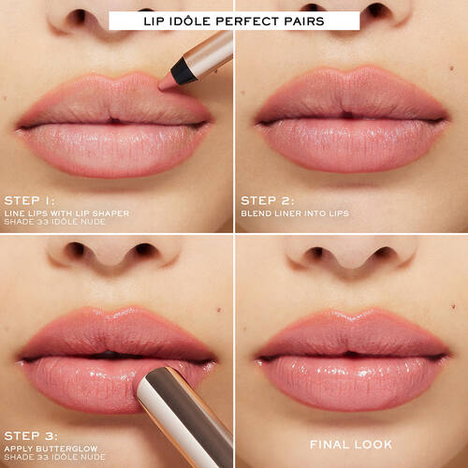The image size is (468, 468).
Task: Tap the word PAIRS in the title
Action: [x=319, y=20]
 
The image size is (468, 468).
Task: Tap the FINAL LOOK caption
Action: [x=351, y=444]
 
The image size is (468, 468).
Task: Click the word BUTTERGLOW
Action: [x=73, y=447]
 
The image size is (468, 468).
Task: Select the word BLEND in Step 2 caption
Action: [x=256, y=212]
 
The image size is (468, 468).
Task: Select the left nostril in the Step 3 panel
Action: [x=79, y=250]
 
